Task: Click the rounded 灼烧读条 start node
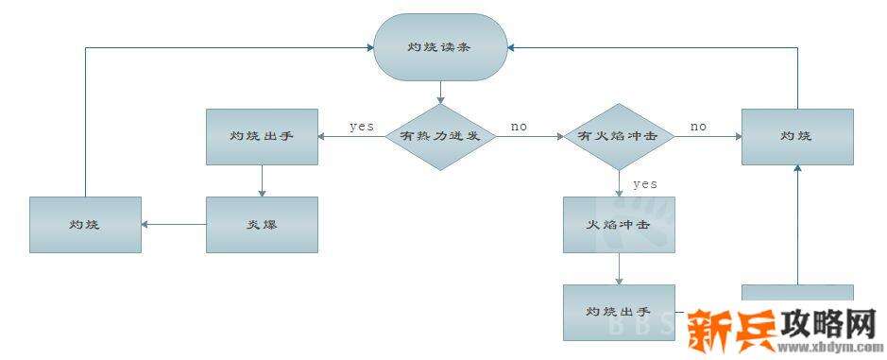click(440, 46)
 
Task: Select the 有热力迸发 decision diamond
click(440, 136)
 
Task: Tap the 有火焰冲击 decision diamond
click(619, 136)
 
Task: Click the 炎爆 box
click(262, 224)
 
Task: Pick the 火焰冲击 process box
click(619, 225)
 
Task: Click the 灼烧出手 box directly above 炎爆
click(262, 136)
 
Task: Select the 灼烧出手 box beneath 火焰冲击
click(619, 311)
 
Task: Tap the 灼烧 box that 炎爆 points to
click(85, 224)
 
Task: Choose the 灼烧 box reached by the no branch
click(797, 136)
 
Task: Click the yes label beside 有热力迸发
click(362, 126)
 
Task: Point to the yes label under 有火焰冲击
click(644, 183)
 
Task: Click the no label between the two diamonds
click(519, 126)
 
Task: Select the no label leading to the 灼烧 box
click(698, 126)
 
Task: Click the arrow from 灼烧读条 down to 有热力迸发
click(440, 92)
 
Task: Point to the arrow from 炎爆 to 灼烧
click(174, 224)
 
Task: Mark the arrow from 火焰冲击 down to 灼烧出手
click(619, 268)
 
